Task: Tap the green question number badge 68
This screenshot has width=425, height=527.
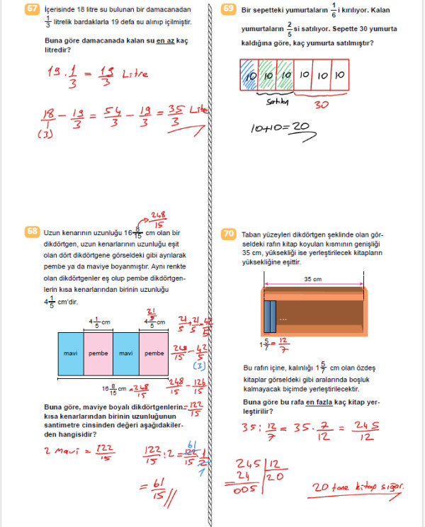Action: (x=30, y=232)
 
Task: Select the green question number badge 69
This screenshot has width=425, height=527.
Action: (x=228, y=9)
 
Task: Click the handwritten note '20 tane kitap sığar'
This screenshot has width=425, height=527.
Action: (x=361, y=487)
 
